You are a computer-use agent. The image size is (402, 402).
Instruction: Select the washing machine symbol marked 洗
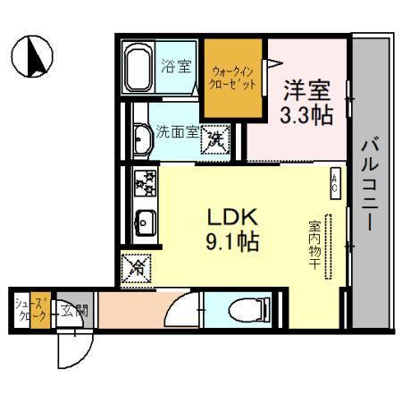pyautogui.click(x=214, y=138)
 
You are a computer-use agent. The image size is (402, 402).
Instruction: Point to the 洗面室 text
pyautogui.click(x=176, y=130)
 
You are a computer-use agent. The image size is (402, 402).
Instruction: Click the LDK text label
pyautogui.click(x=233, y=217)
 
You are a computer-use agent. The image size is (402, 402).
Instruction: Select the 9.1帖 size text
pyautogui.click(x=233, y=242)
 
